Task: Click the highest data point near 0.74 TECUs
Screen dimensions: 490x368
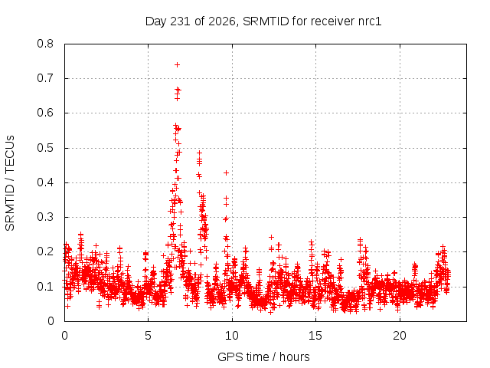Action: click(x=177, y=64)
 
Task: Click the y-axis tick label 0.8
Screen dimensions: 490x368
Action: click(x=45, y=44)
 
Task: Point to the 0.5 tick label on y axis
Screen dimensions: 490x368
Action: click(x=45, y=148)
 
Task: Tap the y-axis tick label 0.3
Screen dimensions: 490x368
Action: click(x=45, y=217)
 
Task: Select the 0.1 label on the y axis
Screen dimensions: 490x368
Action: click(x=45, y=286)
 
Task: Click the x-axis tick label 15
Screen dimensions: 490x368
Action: click(x=315, y=336)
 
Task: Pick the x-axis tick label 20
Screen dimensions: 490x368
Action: click(x=400, y=336)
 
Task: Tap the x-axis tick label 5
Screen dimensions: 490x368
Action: click(x=148, y=336)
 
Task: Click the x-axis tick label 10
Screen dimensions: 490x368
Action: click(x=231, y=336)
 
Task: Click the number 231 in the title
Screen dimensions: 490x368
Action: click(x=181, y=21)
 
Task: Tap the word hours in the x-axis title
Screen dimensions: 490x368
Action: click(x=294, y=356)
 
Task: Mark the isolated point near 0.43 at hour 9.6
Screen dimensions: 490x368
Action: click(x=226, y=172)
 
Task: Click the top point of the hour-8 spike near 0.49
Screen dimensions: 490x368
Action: click(x=199, y=153)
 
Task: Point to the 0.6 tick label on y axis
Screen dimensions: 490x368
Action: click(x=45, y=113)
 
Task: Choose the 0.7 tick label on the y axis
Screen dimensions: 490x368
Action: click(x=45, y=78)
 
